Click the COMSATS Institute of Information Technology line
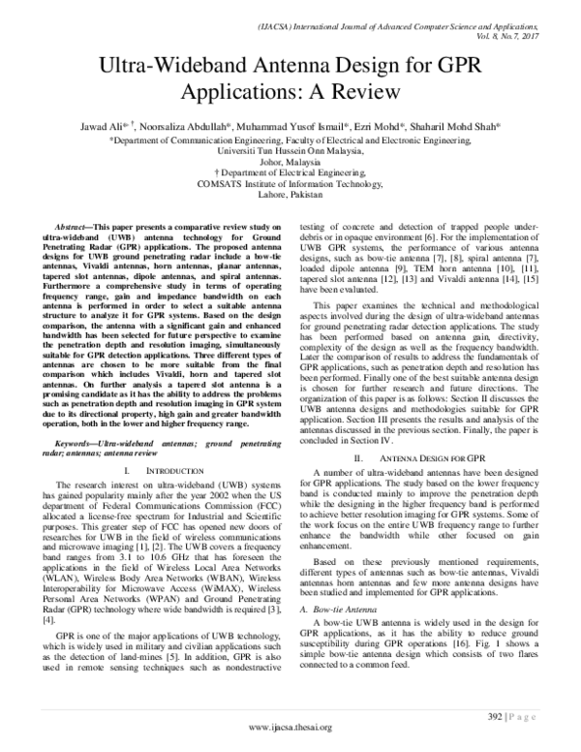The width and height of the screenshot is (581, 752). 290,180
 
